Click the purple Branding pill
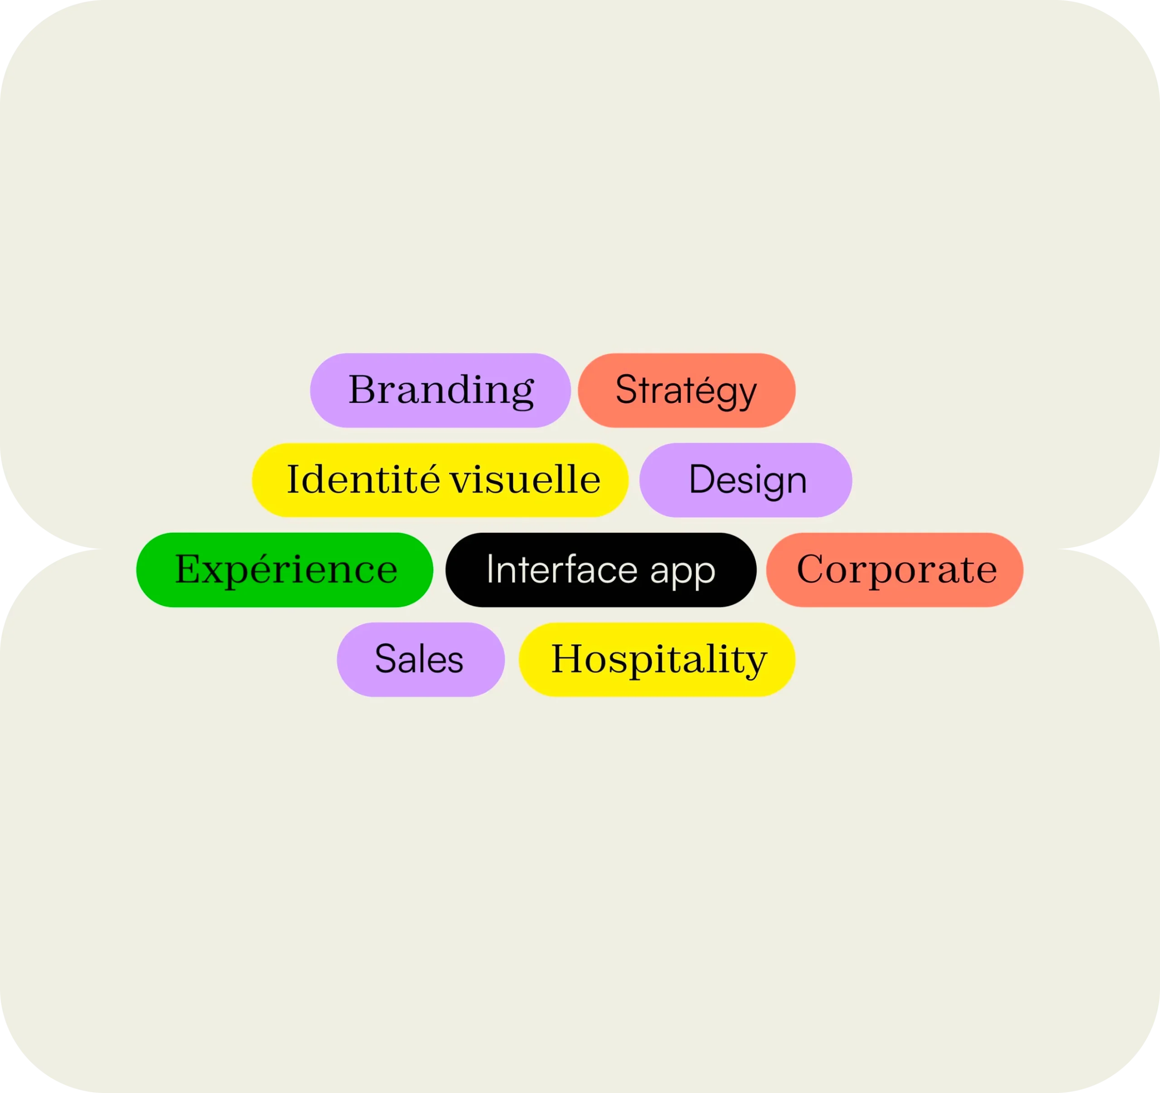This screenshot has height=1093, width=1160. pos(440,391)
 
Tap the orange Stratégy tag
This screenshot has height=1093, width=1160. pos(686,391)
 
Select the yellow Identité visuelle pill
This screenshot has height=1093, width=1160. pos(440,480)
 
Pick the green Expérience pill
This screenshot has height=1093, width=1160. pos(285,570)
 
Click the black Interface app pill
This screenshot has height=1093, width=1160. pos(600,570)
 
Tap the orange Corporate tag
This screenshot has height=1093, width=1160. pos(894,570)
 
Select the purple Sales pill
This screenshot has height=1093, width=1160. pos(420,659)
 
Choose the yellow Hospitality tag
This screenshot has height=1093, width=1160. pos(657,659)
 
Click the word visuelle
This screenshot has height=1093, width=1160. pos(525,480)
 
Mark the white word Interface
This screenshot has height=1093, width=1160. pos(561,570)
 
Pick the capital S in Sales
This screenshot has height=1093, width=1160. pos(386,659)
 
